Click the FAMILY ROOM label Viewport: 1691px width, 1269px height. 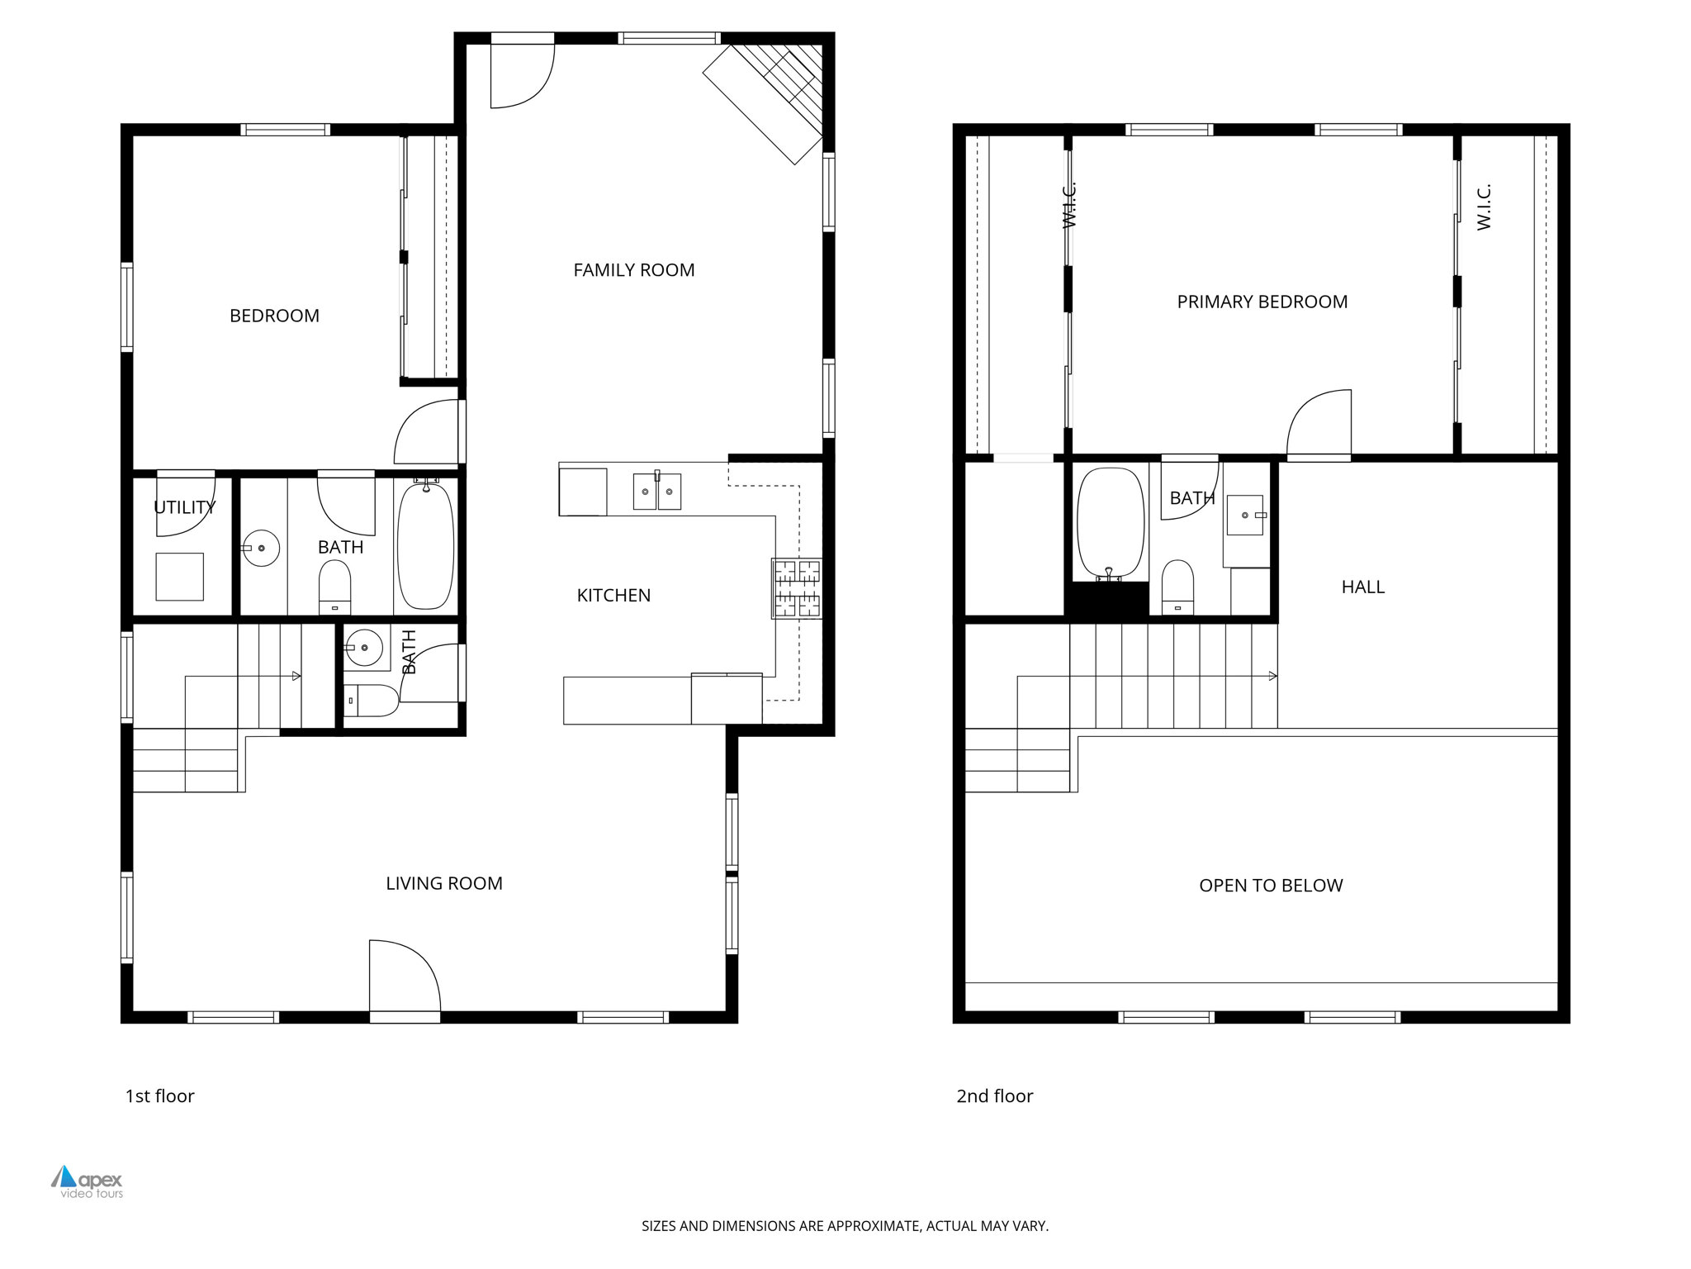pyautogui.click(x=633, y=270)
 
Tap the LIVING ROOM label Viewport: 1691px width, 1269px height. pyautogui.click(x=444, y=883)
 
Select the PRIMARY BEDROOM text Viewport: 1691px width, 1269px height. pyautogui.click(x=1262, y=302)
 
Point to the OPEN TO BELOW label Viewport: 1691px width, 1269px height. pyautogui.click(x=1271, y=886)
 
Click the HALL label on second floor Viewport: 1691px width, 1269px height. pyautogui.click(x=1362, y=587)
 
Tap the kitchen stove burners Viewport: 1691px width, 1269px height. pyautogui.click(x=797, y=588)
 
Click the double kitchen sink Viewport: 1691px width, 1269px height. pyautogui.click(x=656, y=492)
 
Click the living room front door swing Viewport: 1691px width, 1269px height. pyautogui.click(x=403, y=975)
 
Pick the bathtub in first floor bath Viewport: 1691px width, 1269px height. pyautogui.click(x=426, y=547)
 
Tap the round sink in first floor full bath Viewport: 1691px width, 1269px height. pyautogui.click(x=262, y=548)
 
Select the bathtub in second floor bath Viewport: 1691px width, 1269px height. pyautogui.click(x=1111, y=523)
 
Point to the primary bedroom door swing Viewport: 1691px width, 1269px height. pyautogui.click(x=1319, y=423)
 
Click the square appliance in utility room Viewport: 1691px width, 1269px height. pyautogui.click(x=179, y=577)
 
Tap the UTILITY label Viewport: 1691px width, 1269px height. pyautogui.click(x=184, y=507)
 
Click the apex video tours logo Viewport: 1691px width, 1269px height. pyautogui.click(x=87, y=1181)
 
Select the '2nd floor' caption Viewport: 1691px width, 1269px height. pyautogui.click(x=994, y=1096)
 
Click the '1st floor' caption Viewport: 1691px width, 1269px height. pyautogui.click(x=159, y=1096)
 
